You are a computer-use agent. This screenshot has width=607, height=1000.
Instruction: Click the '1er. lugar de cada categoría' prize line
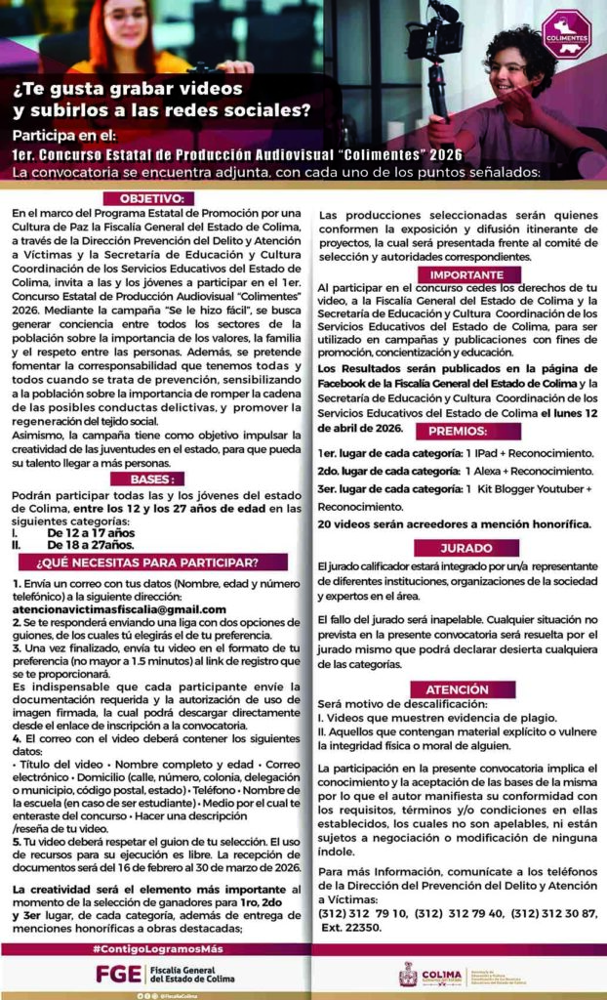point(455,454)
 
